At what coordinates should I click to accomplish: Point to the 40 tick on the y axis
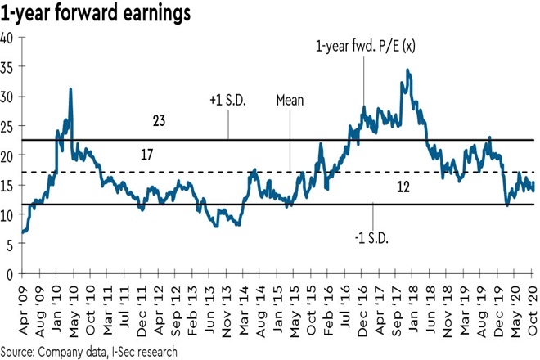7,38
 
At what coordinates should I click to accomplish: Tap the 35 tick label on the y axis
7,67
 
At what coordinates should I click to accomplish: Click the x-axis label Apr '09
25,304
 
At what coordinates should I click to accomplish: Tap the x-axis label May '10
74,304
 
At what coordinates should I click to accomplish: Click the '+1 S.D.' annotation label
227,101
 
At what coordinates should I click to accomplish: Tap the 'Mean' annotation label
290,101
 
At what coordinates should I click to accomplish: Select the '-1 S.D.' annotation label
372,237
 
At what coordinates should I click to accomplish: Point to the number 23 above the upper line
160,121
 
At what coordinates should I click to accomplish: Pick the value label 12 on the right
403,187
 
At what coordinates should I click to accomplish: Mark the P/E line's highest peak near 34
407,70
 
